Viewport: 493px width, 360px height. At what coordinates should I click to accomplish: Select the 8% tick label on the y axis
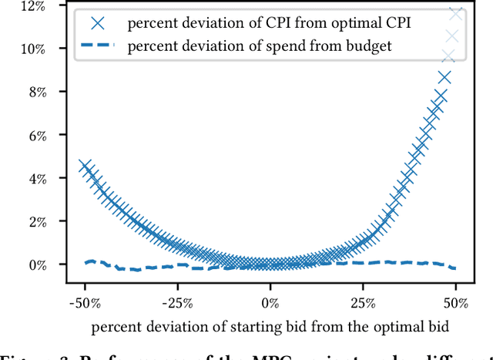coord(35,92)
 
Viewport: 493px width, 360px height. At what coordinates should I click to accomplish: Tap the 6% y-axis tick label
coord(35,135)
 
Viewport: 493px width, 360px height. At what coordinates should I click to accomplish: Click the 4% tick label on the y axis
coord(35,178)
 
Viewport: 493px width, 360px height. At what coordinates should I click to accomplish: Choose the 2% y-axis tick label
coord(35,221)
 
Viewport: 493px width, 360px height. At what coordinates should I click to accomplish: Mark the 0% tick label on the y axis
coord(35,264)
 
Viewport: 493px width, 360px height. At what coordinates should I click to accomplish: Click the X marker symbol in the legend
coord(96,23)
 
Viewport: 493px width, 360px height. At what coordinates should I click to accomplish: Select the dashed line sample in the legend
coord(96,45)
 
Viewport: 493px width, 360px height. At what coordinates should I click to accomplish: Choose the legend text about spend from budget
coord(260,45)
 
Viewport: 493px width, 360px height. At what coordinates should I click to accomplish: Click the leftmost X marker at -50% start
coord(85,166)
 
